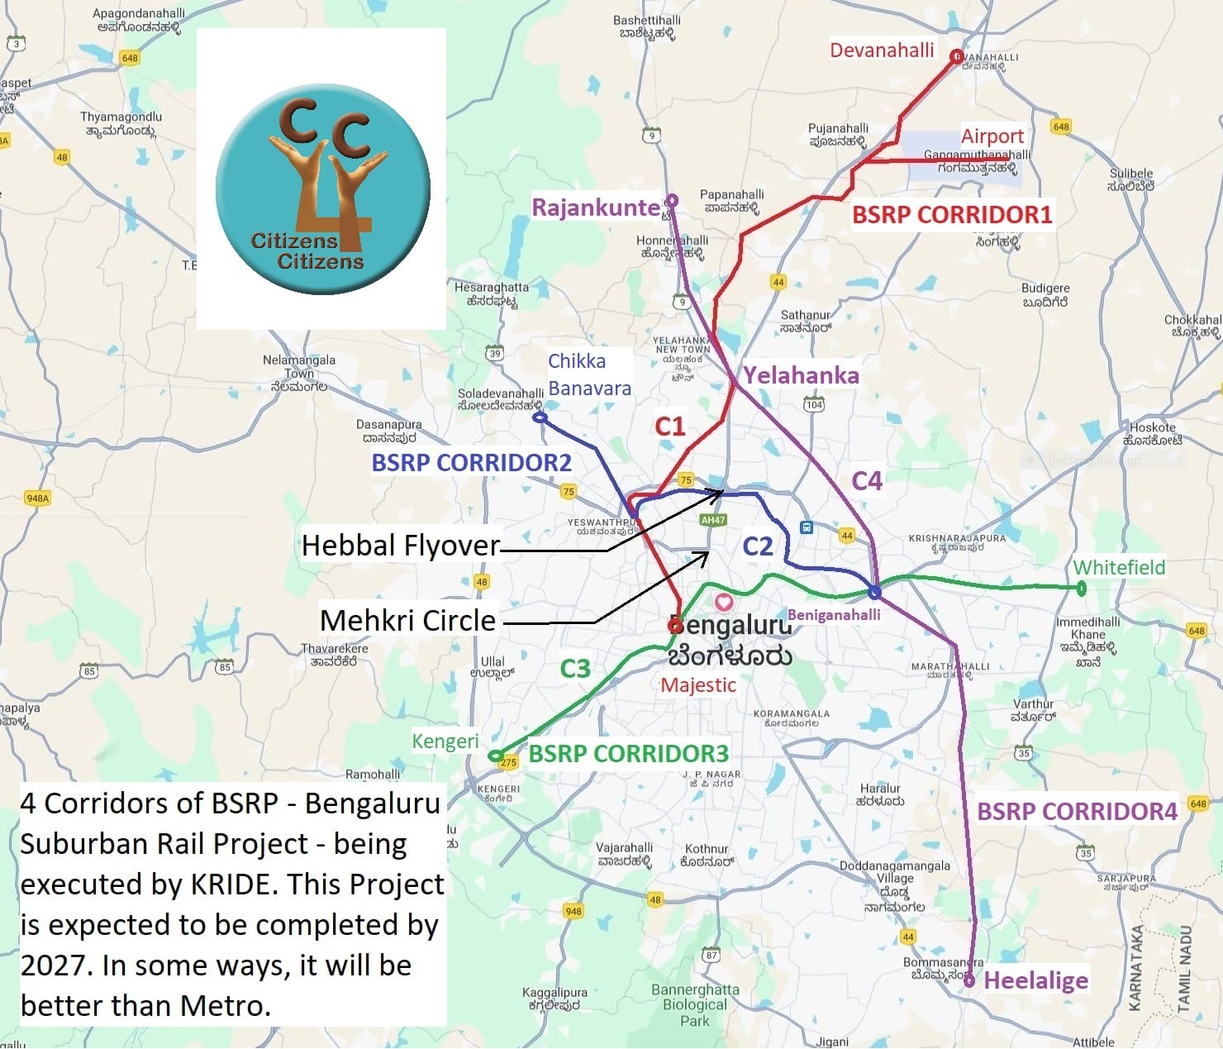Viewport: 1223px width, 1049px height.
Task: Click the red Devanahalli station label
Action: [882, 50]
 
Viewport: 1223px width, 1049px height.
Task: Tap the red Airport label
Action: [992, 136]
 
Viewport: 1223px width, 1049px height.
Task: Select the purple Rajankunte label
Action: [595, 207]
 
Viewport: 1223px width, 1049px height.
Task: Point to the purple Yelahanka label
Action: [801, 376]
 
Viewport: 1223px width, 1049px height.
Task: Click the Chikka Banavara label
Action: [589, 374]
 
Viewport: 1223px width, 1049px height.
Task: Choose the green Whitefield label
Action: [1119, 568]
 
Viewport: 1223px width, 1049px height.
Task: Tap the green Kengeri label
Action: [445, 741]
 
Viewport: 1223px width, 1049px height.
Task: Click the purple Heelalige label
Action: [1035, 981]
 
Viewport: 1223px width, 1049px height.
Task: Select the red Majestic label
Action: [698, 685]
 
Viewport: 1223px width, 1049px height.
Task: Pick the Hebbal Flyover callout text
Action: [401, 546]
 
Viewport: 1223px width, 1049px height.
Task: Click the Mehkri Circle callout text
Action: [407, 621]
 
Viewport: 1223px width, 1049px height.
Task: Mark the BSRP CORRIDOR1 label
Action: [952, 215]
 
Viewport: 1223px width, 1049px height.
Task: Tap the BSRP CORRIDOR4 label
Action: [1077, 812]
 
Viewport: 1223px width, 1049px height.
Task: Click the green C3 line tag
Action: [575, 668]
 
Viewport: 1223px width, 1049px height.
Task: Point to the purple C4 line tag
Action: [867, 481]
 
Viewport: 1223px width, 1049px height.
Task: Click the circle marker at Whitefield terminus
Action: [1082, 589]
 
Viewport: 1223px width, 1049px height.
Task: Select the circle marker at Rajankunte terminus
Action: [672, 200]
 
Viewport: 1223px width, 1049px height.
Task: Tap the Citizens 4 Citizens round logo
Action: [322, 188]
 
